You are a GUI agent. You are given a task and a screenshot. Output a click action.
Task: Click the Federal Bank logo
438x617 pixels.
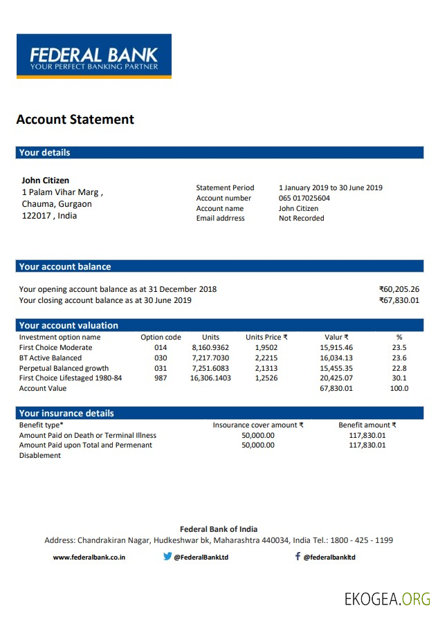coord(94,56)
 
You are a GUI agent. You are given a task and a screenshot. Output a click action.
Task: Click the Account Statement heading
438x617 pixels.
coord(75,120)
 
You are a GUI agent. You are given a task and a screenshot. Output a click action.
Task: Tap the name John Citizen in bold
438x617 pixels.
coord(45,181)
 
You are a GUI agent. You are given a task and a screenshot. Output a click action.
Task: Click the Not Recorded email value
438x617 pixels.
coord(301,219)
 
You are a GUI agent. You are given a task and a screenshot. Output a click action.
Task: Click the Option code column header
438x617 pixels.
coord(161,338)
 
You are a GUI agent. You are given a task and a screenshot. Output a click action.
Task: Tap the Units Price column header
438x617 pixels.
coord(266,338)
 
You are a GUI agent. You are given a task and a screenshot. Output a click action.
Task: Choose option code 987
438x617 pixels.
coord(161,378)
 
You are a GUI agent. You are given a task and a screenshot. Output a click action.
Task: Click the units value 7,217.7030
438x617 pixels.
coord(210,358)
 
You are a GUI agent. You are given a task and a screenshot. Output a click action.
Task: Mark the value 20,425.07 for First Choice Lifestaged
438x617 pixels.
coord(336,378)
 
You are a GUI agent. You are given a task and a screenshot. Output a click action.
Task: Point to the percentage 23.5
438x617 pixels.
coord(399,348)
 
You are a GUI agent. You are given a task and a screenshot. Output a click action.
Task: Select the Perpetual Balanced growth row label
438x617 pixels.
coord(64,369)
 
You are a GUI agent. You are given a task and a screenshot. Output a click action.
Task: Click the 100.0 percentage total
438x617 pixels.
coord(399,389)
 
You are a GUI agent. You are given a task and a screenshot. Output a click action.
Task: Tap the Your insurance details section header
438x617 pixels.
coord(66,414)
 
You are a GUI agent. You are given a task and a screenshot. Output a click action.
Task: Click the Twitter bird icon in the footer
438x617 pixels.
coord(167,556)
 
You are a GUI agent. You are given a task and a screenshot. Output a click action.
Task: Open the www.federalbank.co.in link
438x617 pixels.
coord(89,558)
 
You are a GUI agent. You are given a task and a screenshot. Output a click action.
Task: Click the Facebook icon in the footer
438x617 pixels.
coord(298,556)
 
